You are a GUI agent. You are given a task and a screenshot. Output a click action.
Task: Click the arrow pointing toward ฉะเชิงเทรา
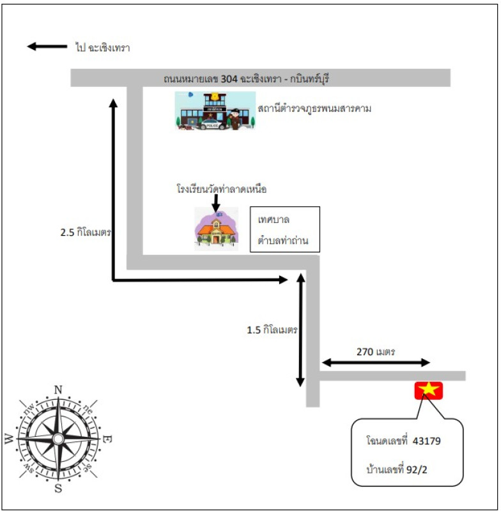(x=47, y=47)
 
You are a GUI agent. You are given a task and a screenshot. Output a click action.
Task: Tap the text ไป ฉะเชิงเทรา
(x=102, y=47)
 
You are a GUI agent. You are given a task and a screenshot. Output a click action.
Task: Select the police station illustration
(x=215, y=111)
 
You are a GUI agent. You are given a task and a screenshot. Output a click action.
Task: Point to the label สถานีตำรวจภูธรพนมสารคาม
(x=314, y=109)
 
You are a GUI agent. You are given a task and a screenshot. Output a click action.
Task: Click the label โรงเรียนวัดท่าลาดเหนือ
(x=221, y=189)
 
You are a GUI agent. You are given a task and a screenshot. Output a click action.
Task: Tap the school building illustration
(x=217, y=228)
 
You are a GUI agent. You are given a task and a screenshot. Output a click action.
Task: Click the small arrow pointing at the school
(x=215, y=202)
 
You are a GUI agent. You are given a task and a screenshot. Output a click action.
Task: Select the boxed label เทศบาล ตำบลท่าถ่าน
(x=284, y=229)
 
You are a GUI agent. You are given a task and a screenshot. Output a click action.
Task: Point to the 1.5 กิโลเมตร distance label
(x=272, y=330)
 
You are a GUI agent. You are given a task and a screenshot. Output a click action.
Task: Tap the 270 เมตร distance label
(x=376, y=351)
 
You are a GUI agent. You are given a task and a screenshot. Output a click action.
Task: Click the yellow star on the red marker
(x=429, y=390)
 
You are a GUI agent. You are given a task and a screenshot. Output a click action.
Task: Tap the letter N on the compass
(x=58, y=390)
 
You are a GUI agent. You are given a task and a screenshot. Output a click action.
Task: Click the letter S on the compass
(x=58, y=489)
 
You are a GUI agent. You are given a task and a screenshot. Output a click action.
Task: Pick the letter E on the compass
(x=108, y=439)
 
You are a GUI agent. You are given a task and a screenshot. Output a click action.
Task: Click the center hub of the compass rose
(x=58, y=439)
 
